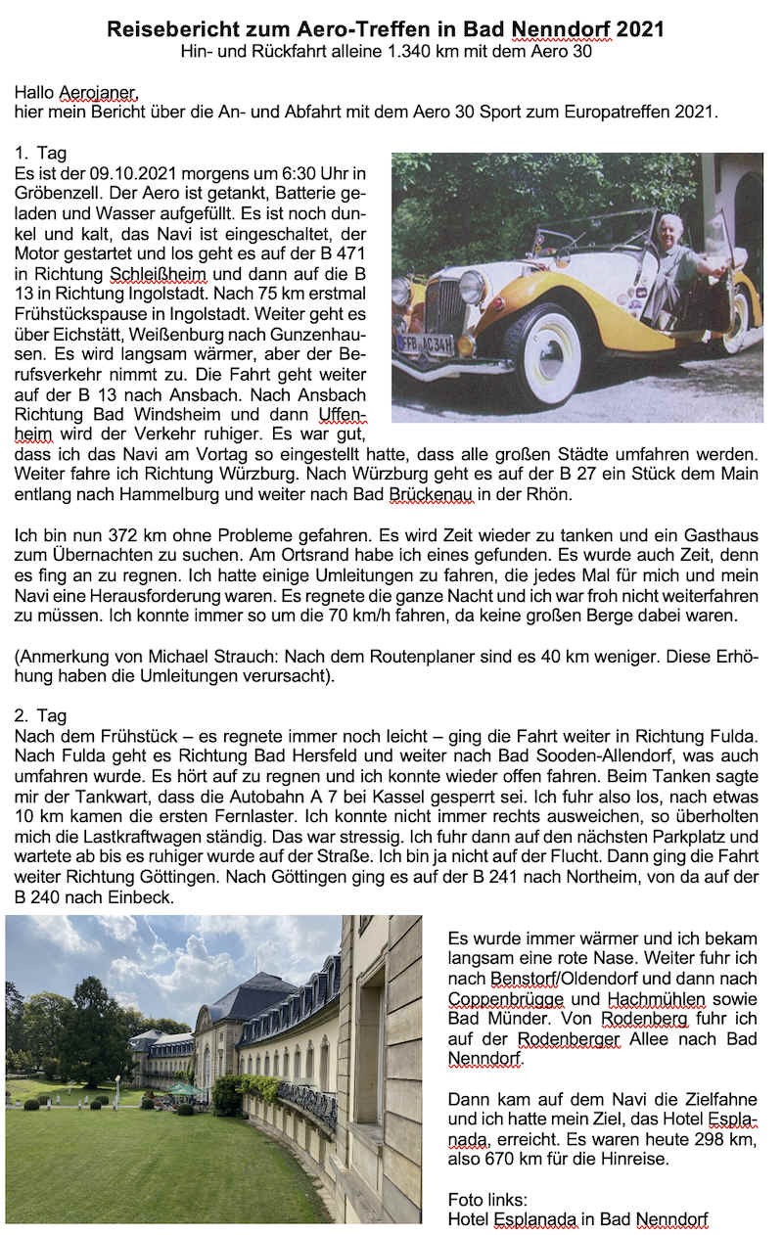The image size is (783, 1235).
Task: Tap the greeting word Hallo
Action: (35, 93)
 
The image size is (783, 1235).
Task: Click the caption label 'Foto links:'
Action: (486, 1200)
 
